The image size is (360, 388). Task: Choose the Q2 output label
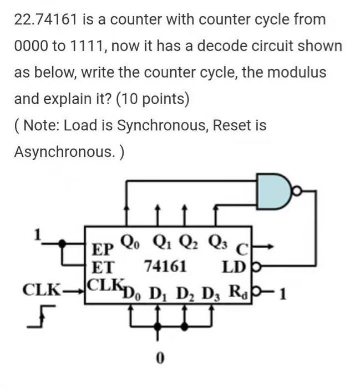(187, 242)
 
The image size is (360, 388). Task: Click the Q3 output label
(217, 242)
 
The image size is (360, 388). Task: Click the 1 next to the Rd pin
(283, 293)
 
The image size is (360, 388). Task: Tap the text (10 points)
(153, 99)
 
